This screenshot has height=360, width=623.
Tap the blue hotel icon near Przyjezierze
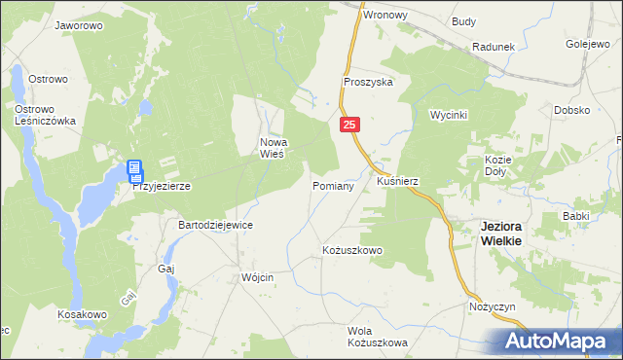[x=134, y=172]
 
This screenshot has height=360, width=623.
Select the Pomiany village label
[x=332, y=184]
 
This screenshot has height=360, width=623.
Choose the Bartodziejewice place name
[x=215, y=225]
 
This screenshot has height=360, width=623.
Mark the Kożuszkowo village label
[x=351, y=250]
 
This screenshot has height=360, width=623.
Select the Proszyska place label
[x=367, y=83]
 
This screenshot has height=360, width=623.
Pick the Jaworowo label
[x=80, y=25]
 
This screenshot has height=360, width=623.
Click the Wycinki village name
[x=449, y=115]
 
